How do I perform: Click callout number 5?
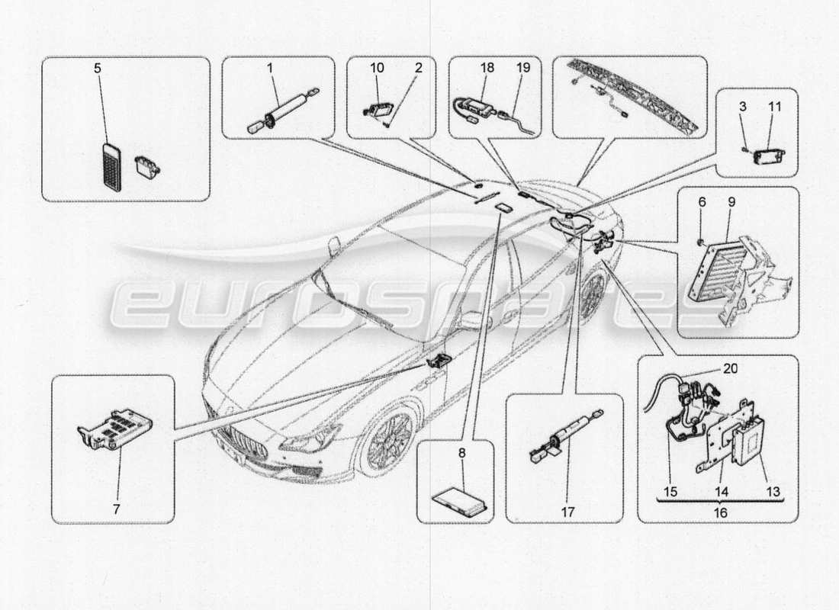97,68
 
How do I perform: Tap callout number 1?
269,68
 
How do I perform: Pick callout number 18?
487,68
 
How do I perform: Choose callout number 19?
523,68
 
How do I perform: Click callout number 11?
775,108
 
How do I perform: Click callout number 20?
730,368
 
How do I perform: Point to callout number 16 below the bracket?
720,513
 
